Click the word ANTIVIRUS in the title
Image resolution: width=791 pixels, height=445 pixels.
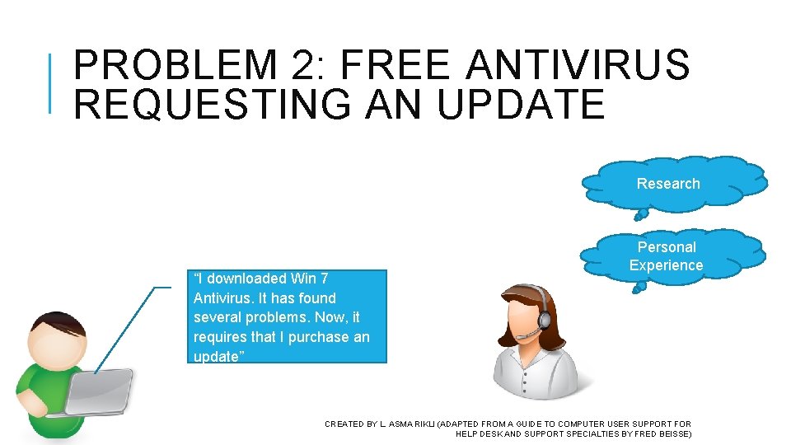[578, 66]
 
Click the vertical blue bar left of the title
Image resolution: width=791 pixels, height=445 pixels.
[51, 82]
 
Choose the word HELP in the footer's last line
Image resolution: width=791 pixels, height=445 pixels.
[466, 433]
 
